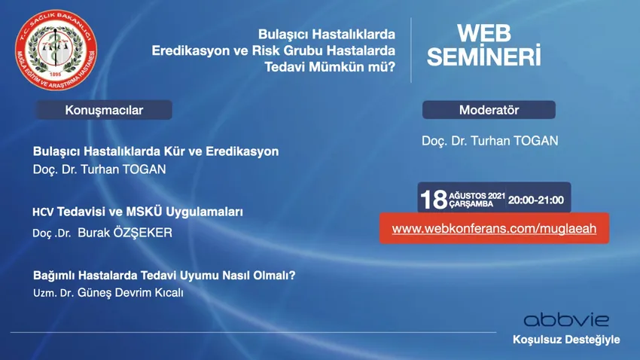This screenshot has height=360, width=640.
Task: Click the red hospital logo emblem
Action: [56, 50]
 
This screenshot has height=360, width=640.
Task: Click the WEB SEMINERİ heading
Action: [483, 45]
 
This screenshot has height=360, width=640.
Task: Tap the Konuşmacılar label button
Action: [104, 110]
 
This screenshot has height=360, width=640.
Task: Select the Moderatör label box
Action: [489, 110]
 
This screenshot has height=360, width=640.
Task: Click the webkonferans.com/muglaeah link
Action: [494, 228]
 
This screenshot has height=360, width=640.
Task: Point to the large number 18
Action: [434, 200]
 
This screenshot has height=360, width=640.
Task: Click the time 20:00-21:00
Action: [535, 200]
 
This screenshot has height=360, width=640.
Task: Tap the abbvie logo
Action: [566, 320]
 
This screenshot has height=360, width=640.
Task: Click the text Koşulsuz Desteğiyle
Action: [566, 340]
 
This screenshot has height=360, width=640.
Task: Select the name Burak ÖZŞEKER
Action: [125, 233]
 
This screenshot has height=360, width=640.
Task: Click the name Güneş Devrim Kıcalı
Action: [130, 293]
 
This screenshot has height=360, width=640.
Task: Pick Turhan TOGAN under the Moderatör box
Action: [514, 141]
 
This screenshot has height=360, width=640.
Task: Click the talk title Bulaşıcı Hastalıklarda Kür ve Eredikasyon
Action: [156, 151]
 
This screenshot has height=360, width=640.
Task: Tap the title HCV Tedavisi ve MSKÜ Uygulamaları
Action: [138, 212]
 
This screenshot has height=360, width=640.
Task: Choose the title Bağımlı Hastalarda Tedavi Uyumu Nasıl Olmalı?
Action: [164, 276]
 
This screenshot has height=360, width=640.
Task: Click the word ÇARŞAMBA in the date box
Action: [471, 204]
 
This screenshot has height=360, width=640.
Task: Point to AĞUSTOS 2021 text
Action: [477, 196]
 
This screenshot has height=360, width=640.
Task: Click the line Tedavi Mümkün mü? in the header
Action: [330, 66]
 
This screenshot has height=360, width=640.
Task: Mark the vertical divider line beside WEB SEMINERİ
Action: [410, 50]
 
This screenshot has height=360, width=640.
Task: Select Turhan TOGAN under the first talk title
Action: [123, 169]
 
